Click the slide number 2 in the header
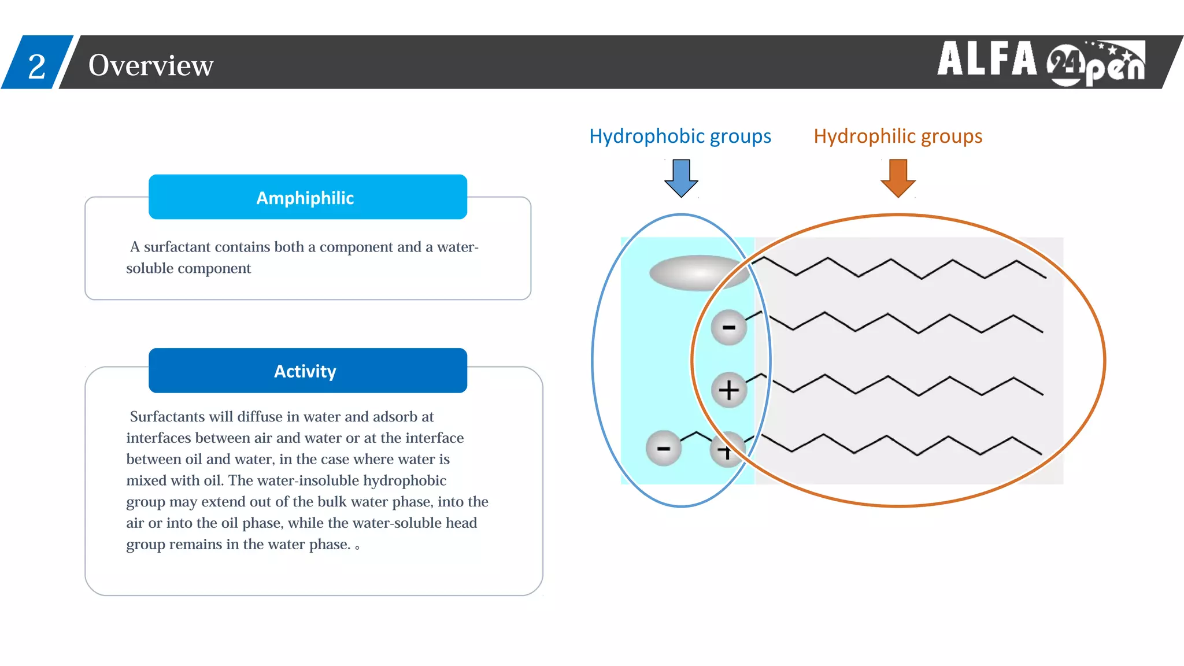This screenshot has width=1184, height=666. pos(36,66)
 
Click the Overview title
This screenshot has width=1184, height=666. pos(151,65)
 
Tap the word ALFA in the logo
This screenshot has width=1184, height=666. pos(987,59)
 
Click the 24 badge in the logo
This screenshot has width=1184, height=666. pos(1063,62)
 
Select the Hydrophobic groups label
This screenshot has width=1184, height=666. pos(680,136)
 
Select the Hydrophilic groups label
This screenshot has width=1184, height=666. pos(898,136)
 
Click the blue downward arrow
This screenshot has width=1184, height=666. pos(681,178)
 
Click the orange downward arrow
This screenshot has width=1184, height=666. pos(898,178)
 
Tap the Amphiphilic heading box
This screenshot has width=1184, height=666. pos(308,197)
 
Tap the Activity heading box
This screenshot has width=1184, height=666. pos(308,371)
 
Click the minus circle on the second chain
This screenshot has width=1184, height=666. pos(728,327)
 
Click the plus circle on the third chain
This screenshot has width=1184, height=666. pos(728,390)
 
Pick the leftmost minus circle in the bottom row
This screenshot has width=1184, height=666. pos(663,448)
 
